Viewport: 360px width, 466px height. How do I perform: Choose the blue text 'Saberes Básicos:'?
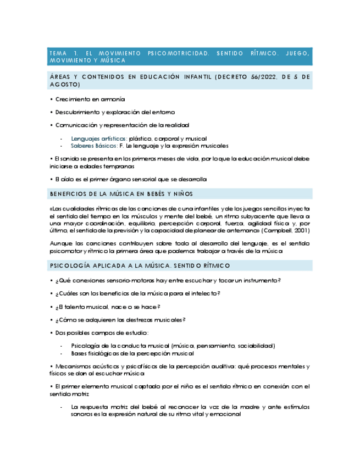click(93, 146)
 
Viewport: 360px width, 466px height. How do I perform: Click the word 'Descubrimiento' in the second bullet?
click(76, 113)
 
